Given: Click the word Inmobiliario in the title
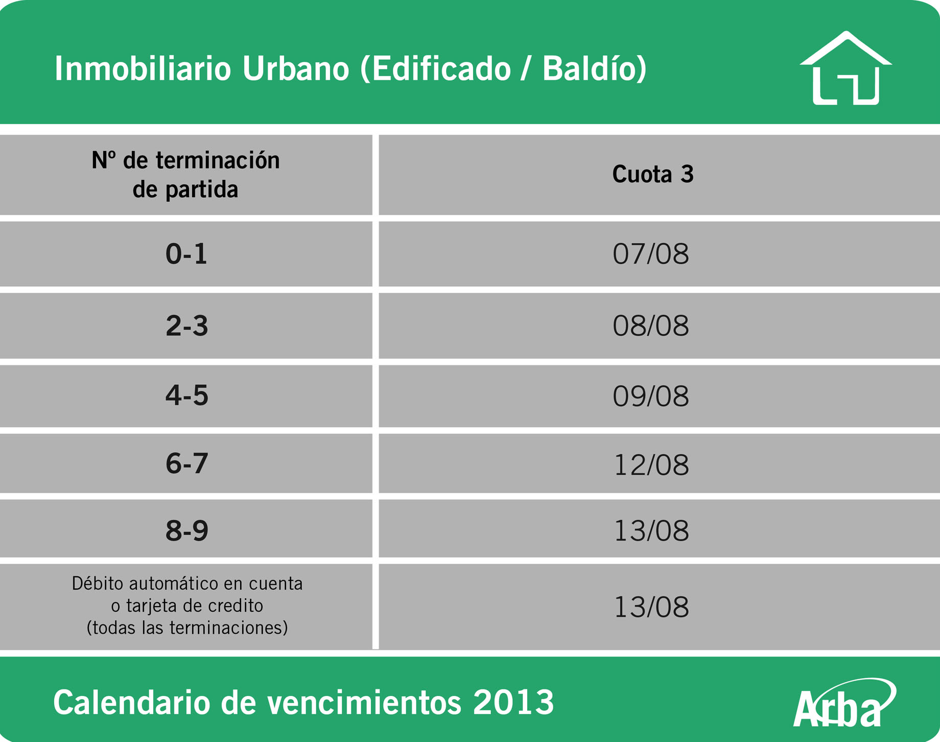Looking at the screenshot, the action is pos(143,68).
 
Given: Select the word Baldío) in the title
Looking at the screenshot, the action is pos(595,68).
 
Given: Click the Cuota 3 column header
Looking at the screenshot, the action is pos(653,174).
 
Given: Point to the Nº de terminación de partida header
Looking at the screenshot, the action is pos(185,175).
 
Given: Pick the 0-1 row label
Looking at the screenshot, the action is pos(186,253).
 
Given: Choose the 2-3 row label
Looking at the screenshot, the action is pos(186,326).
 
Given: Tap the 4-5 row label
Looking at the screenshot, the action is pos(186,396).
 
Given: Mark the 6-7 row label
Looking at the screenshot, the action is pos(186,463).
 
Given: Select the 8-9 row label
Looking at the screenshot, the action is pos(186,530).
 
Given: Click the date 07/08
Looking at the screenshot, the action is pos(651,254).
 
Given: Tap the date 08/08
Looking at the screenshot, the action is pos(651,326).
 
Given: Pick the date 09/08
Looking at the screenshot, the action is pos(651,396).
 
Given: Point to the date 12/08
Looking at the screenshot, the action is pos(651,465).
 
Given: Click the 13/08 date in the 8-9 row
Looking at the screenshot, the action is pos(651,531).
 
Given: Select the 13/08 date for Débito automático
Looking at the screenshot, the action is pos(651,607).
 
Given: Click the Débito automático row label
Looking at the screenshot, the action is pos(187,606).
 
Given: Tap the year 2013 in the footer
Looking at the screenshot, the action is pos(513,702).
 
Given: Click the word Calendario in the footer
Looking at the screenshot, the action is pos(132,702).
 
